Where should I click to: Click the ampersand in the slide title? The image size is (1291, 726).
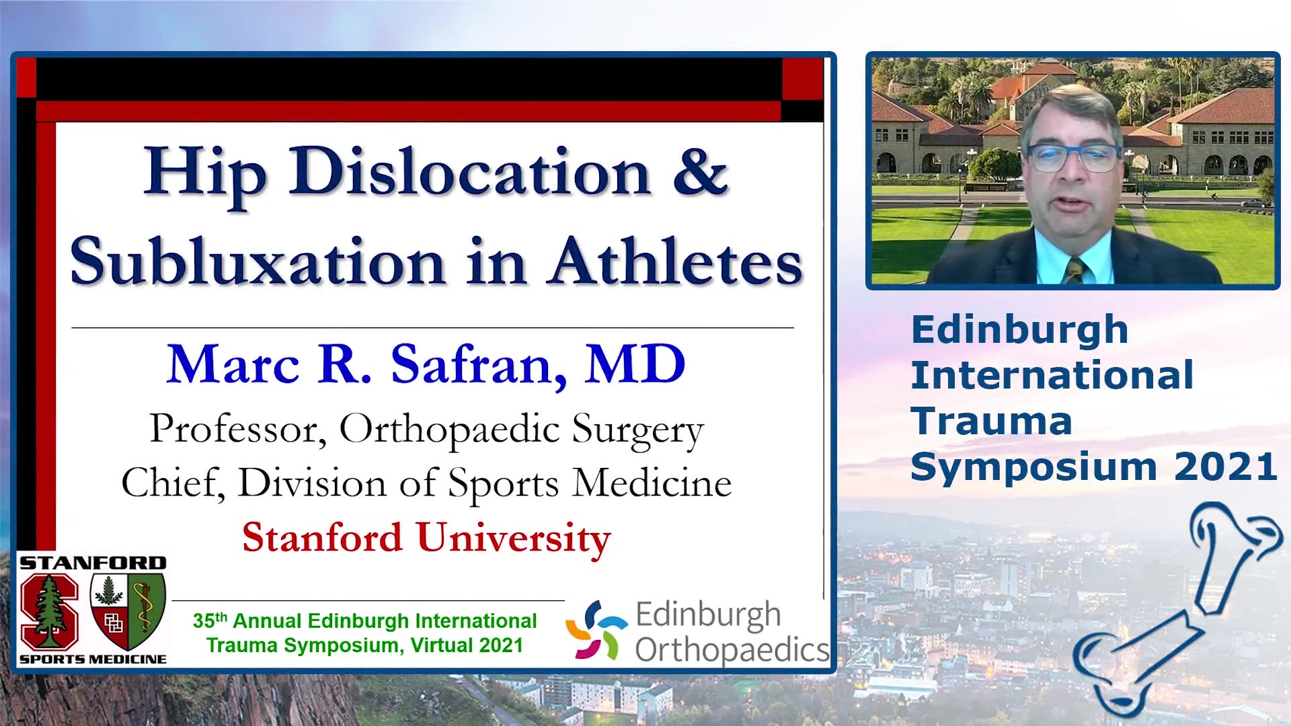click(x=700, y=172)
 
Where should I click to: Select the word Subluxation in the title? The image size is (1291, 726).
click(x=258, y=260)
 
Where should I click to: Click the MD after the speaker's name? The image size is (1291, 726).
click(x=635, y=364)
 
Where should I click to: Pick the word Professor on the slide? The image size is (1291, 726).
click(x=237, y=428)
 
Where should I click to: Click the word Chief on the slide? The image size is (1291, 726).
click(x=172, y=483)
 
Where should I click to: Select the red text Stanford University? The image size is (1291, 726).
click(x=426, y=538)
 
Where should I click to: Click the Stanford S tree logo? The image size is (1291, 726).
click(x=49, y=610)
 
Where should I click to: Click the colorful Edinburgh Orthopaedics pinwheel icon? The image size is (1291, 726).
click(x=596, y=629)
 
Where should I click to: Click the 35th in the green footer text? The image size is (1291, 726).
click(x=210, y=620)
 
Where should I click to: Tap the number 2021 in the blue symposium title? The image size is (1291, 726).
click(x=1226, y=467)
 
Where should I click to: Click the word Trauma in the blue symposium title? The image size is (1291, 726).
click(x=991, y=421)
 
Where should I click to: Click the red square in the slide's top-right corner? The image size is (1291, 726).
click(x=803, y=79)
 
